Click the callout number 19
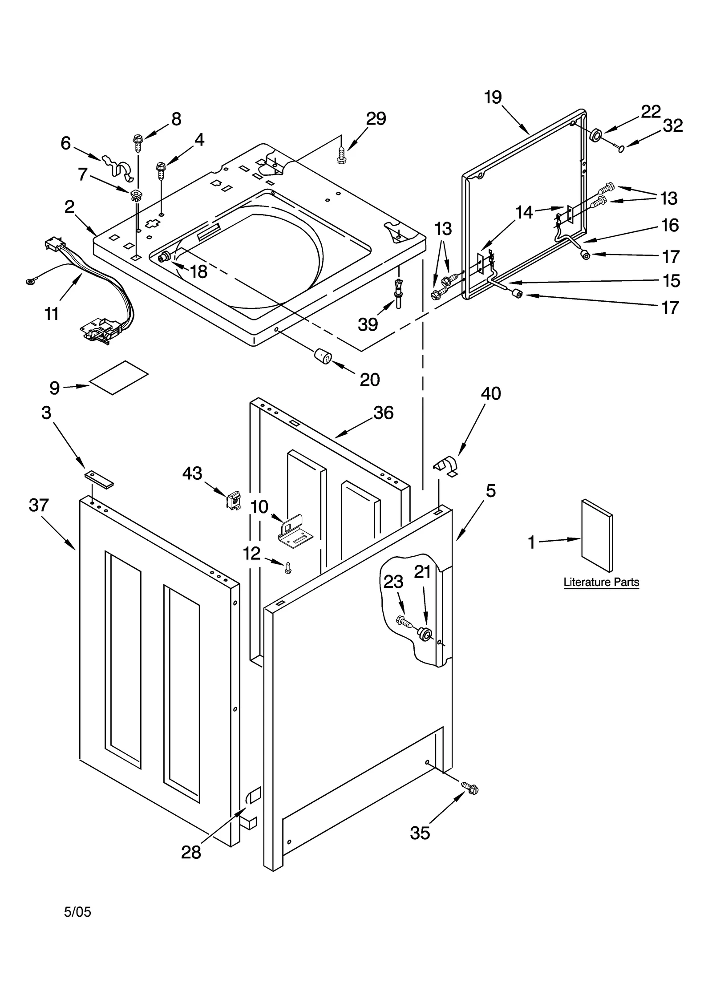(x=493, y=97)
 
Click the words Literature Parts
(x=601, y=582)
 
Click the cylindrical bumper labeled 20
(x=324, y=356)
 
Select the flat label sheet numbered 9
(x=118, y=377)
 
